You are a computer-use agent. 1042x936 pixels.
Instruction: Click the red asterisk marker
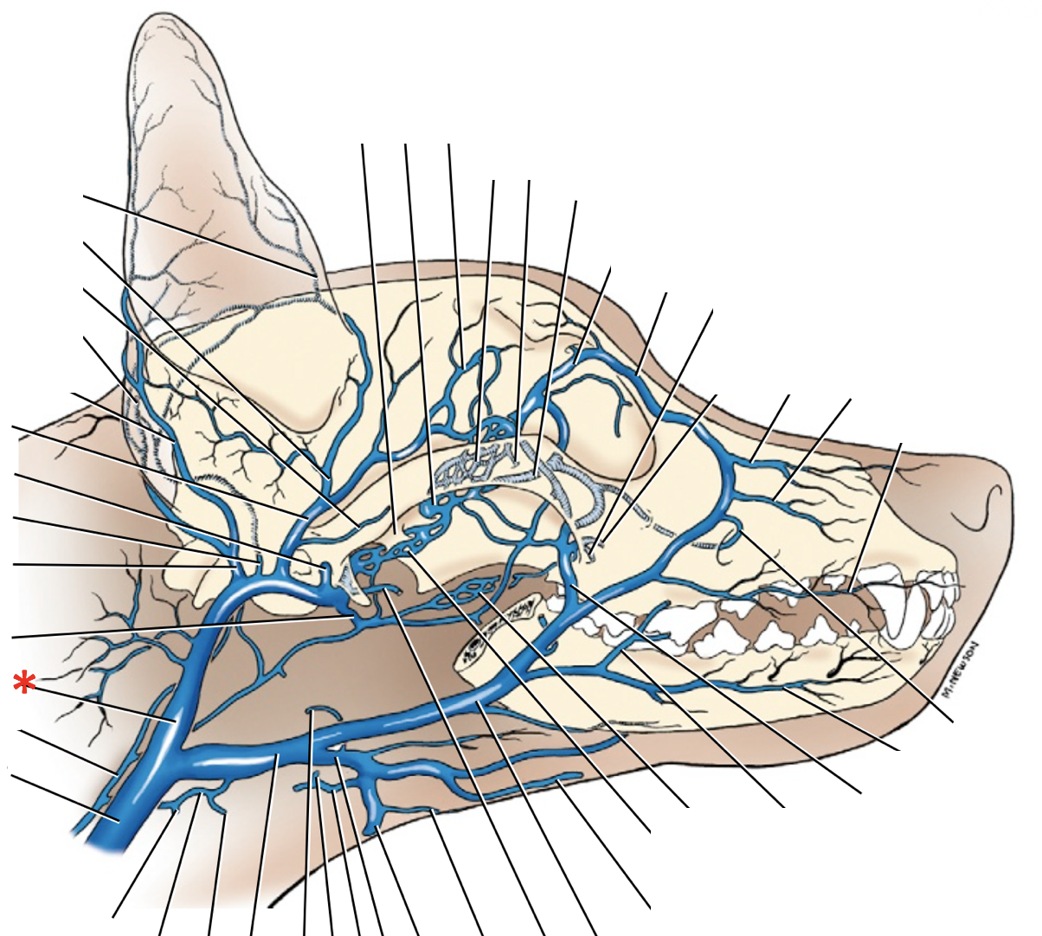24,683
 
